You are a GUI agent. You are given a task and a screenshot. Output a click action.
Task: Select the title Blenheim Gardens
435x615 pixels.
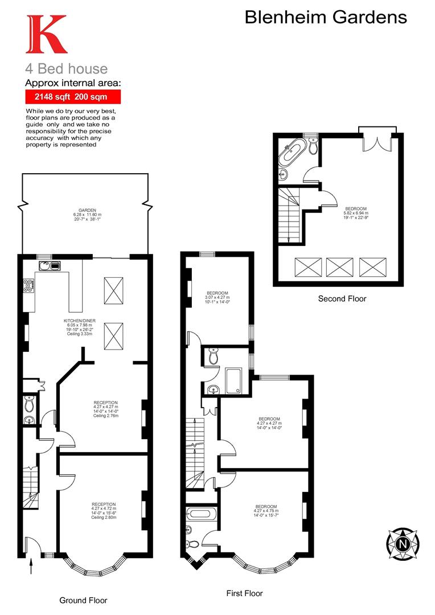click(x=326, y=17)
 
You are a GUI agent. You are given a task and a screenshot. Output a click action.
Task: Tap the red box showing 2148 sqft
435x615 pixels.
click(x=72, y=97)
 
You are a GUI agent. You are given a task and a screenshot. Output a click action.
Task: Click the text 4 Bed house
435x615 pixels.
click(x=66, y=69)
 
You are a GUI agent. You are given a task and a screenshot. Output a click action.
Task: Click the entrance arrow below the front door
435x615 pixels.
click(x=31, y=567)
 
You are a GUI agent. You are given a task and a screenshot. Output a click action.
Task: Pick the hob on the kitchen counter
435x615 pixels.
click(x=27, y=285)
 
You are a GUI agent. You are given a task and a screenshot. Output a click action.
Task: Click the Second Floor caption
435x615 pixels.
click(x=342, y=298)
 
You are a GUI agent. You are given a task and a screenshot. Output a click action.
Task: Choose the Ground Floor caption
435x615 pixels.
click(x=83, y=600)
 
